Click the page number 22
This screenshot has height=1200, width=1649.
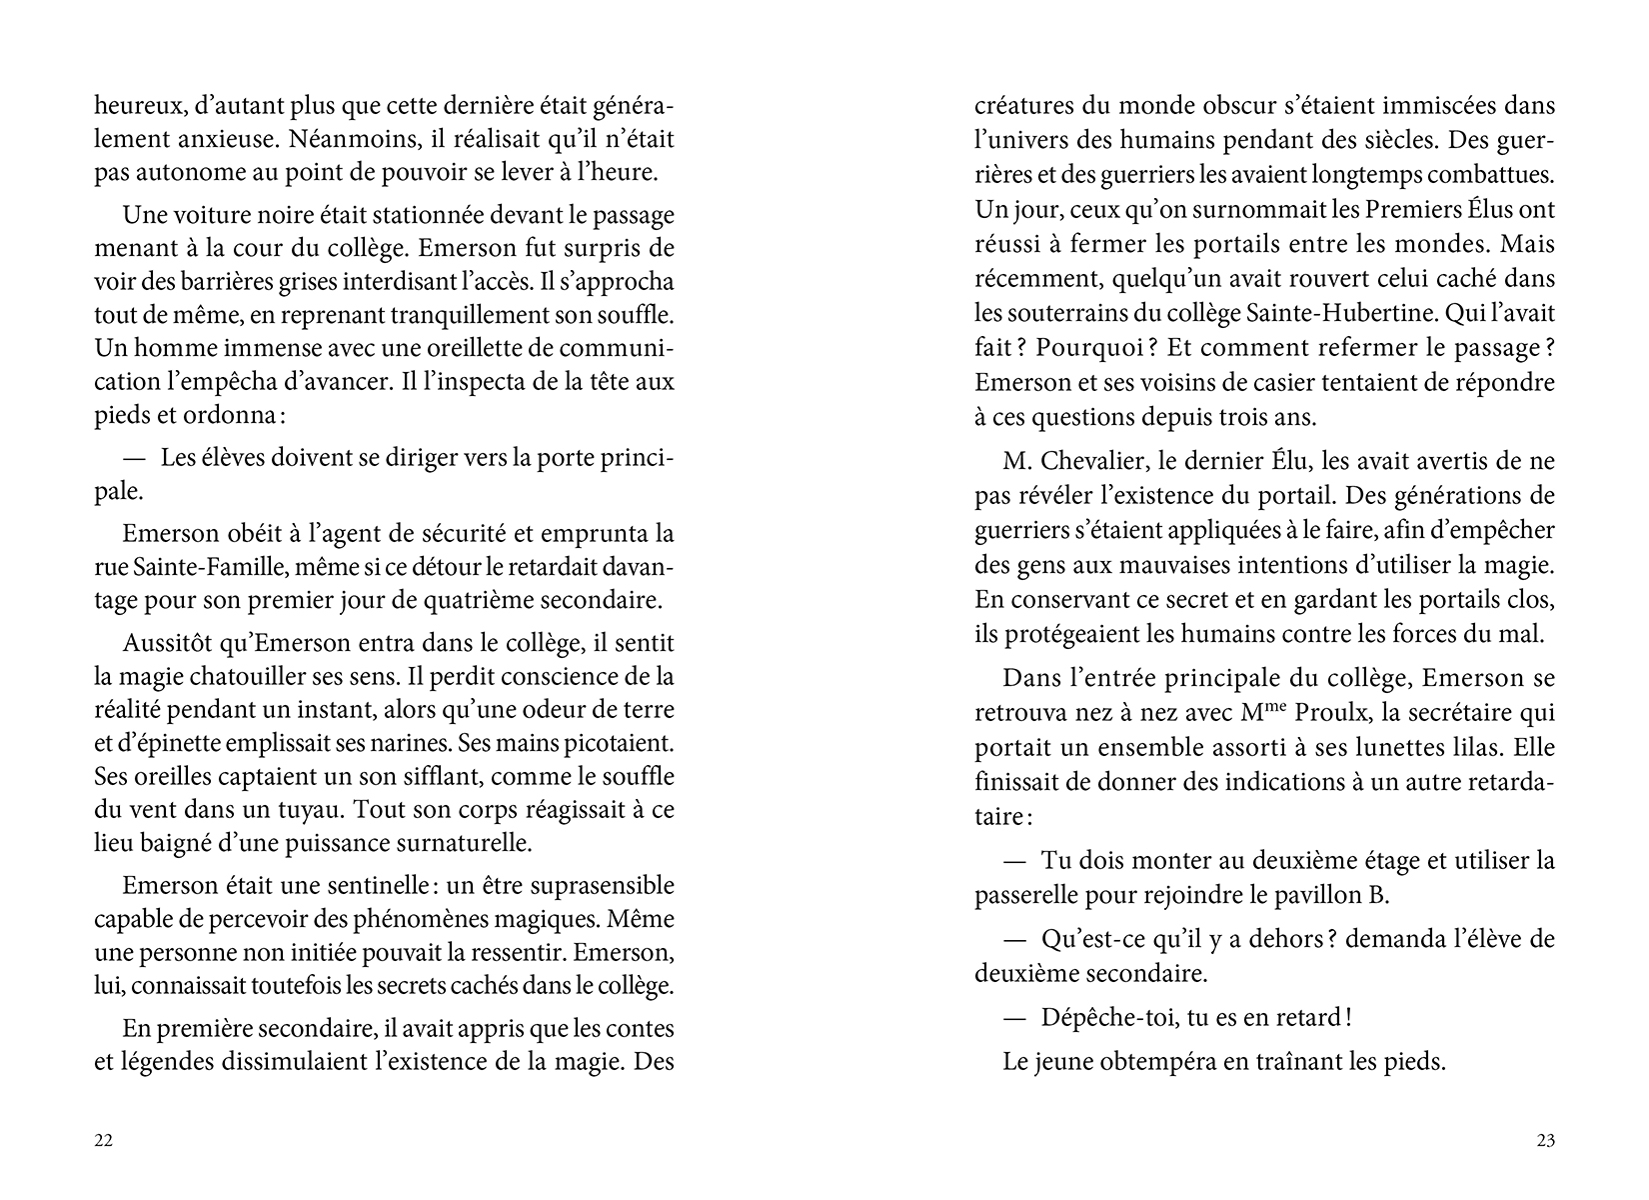coord(103,1141)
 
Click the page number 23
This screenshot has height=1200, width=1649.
coord(1545,1141)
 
